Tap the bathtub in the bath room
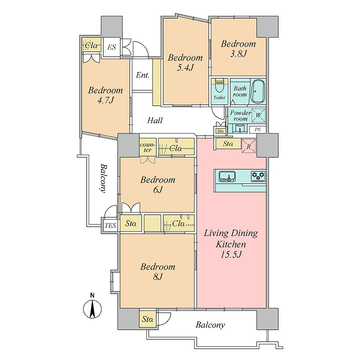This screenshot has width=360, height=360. [257, 91]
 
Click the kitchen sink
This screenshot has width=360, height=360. [227, 176]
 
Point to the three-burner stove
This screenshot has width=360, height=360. [258, 176]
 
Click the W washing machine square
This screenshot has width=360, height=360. [258, 115]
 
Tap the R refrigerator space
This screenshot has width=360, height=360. [249, 146]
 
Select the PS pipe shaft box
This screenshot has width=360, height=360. [257, 129]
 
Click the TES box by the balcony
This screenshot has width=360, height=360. [110, 225]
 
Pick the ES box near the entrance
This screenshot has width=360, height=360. [111, 47]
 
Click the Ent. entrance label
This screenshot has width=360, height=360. [142, 75]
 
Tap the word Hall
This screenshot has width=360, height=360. [155, 120]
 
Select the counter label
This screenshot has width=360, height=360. [147, 147]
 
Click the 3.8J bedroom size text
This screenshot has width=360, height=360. [238, 53]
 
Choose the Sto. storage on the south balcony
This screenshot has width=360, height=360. [147, 319]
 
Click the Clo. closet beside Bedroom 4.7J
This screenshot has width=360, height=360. [91, 45]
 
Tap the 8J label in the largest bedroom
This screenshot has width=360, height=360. [157, 277]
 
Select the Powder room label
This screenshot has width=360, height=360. [240, 115]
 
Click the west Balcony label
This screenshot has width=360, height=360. [103, 178]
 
